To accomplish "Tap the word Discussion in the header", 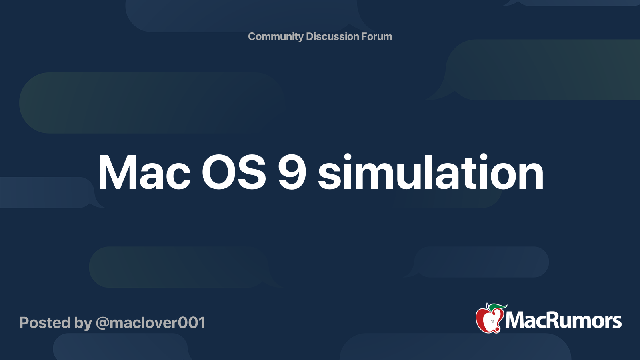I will [x=332, y=36].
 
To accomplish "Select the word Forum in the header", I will [x=376, y=36].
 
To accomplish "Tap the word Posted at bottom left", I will [x=45, y=323].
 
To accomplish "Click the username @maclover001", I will [x=150, y=323].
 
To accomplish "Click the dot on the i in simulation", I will [x=348, y=157].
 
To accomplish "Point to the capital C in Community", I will [x=252, y=36].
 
